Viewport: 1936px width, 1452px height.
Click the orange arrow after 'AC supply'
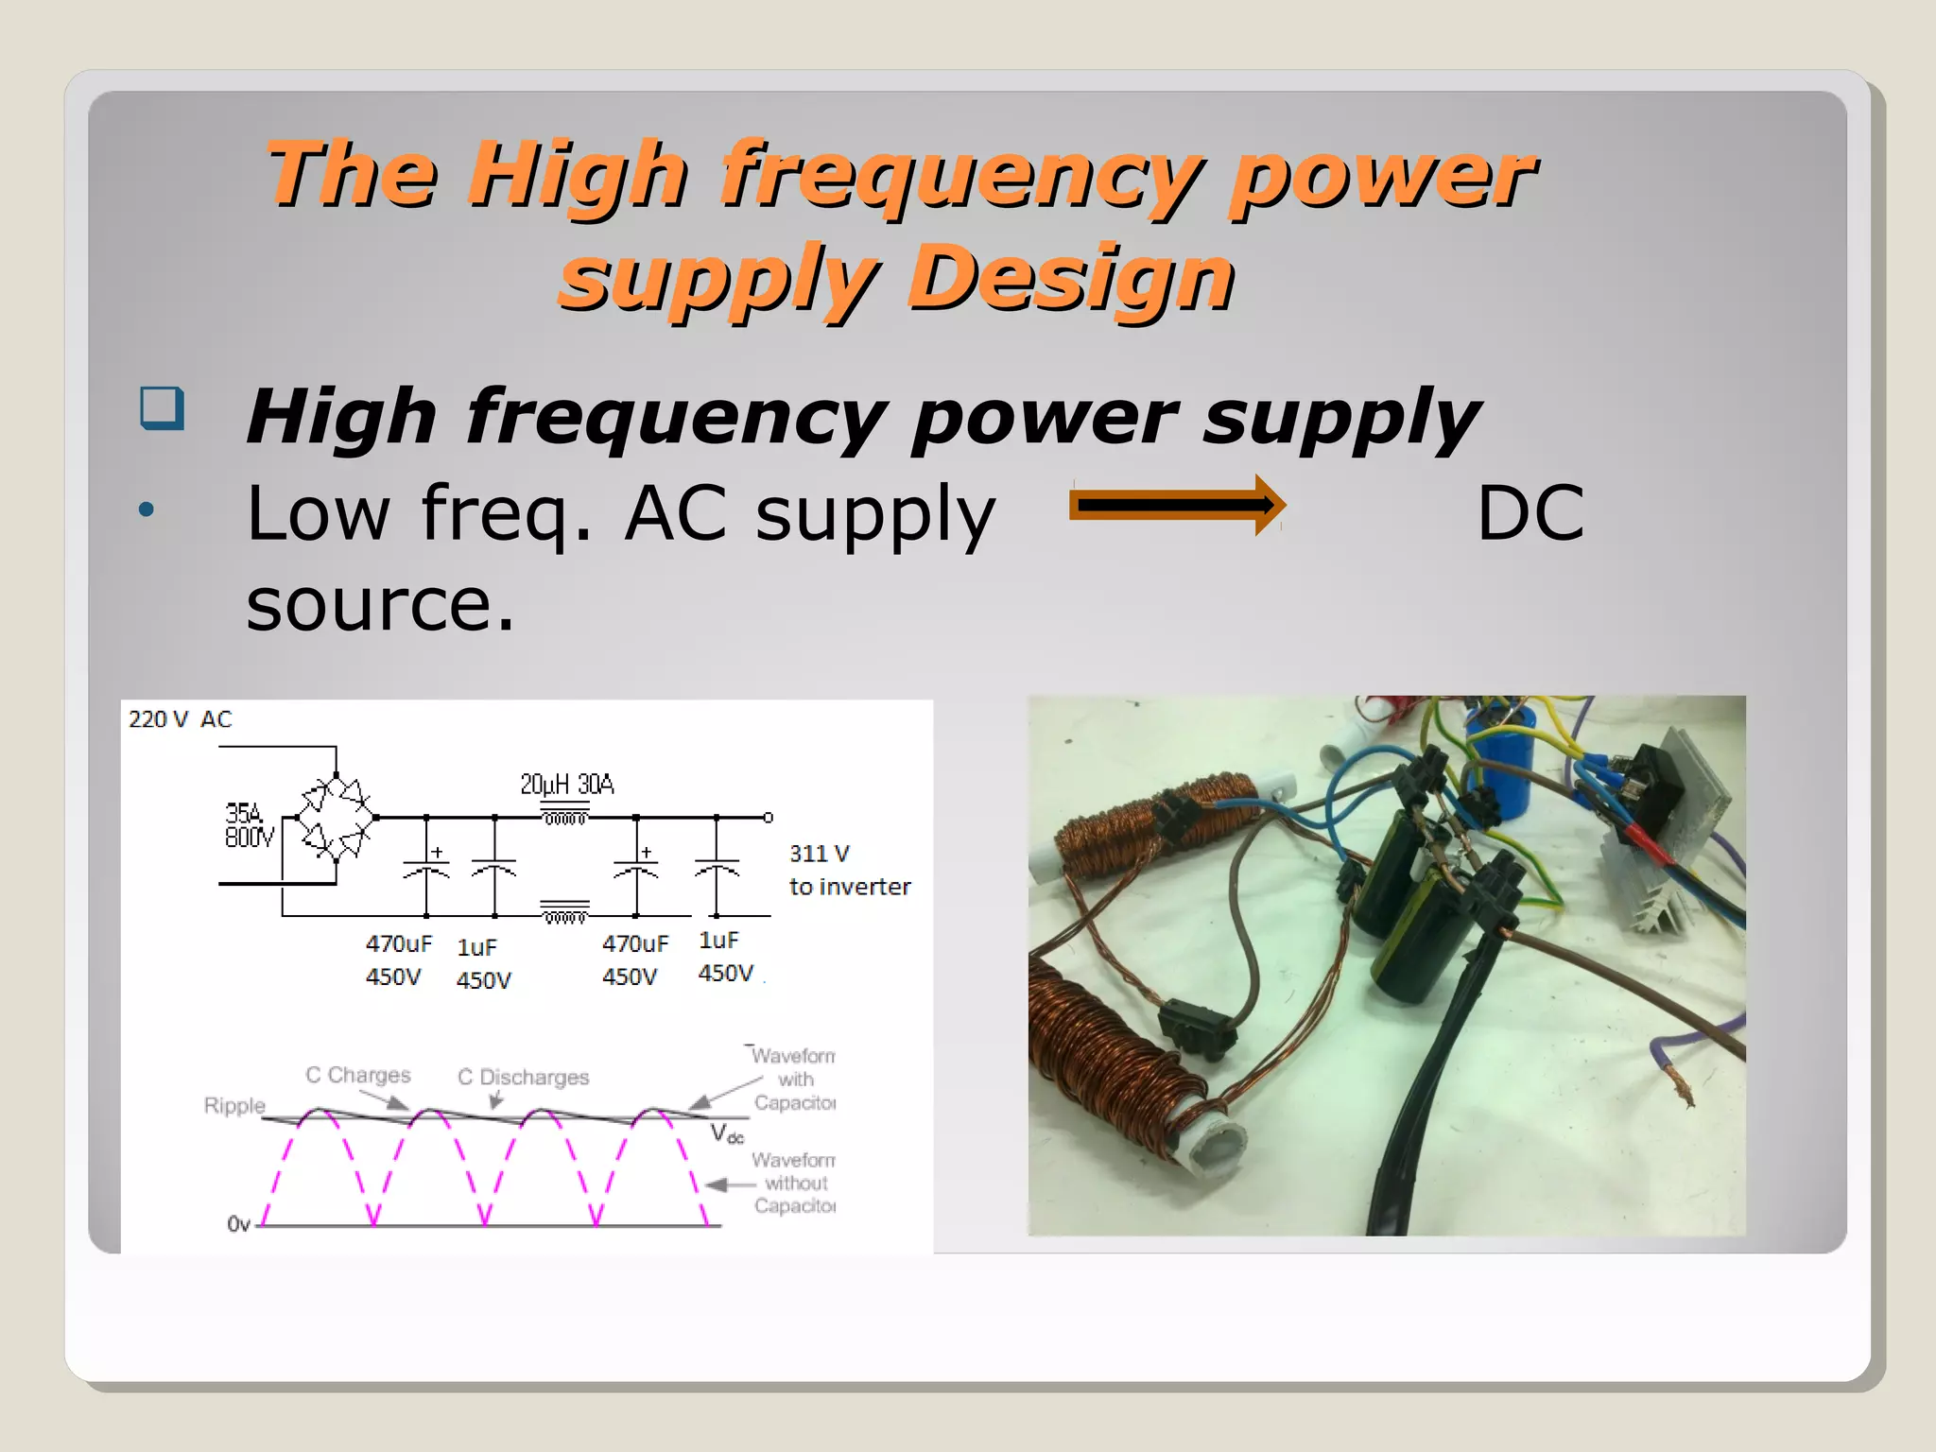[x=1176, y=505]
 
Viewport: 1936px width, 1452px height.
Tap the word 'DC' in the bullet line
[x=1530, y=513]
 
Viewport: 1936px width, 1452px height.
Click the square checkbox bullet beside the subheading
[x=162, y=408]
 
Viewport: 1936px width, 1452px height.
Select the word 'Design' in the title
[x=1070, y=278]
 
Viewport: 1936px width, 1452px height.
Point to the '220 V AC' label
[x=180, y=719]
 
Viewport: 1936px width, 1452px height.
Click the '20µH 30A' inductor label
[x=567, y=785]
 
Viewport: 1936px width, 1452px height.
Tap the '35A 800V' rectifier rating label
[x=248, y=825]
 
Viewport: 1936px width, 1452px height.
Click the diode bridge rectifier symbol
[x=336, y=817]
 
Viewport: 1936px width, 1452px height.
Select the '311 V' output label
[x=820, y=854]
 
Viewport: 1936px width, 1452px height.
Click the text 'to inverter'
[x=850, y=887]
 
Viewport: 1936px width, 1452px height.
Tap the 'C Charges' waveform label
[x=358, y=1075]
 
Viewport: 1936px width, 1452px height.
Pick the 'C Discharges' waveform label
[x=523, y=1077]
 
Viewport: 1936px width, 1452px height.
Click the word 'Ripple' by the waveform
[x=234, y=1105]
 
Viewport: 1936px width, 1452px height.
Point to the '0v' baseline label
[x=238, y=1224]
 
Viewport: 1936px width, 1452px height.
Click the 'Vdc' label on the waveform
[x=727, y=1133]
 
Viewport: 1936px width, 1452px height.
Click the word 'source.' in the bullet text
[x=380, y=604]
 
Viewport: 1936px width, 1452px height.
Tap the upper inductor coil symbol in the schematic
[x=564, y=816]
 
